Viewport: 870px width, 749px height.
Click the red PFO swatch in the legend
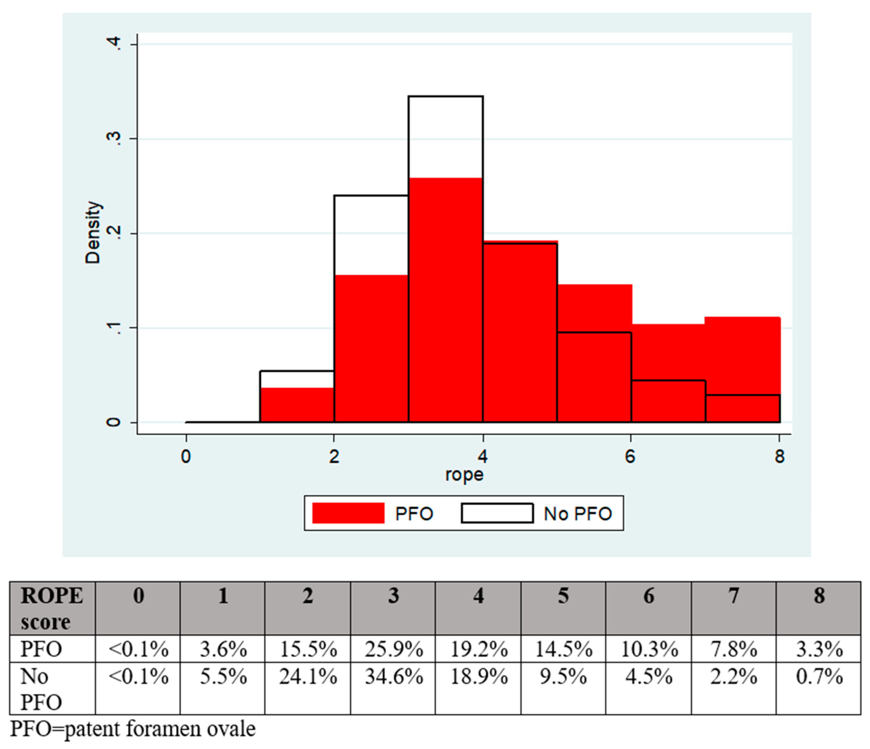click(348, 513)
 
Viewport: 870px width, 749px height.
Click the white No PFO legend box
click(497, 513)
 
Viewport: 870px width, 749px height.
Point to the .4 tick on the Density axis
click(114, 44)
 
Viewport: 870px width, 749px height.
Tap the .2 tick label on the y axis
click(114, 233)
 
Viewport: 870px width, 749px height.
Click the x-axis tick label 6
click(630, 457)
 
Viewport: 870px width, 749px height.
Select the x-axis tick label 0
click(186, 457)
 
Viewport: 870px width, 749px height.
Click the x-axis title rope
click(464, 475)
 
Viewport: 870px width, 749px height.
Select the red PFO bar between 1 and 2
click(297, 405)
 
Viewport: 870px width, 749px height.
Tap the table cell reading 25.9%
click(394, 649)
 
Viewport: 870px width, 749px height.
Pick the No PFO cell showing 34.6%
click(394, 677)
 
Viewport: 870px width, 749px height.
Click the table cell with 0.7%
click(819, 677)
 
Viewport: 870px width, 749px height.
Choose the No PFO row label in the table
click(41, 689)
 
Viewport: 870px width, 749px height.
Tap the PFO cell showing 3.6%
click(223, 649)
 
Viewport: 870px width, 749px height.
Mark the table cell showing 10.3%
click(649, 649)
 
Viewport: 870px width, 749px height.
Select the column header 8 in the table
click(819, 596)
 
